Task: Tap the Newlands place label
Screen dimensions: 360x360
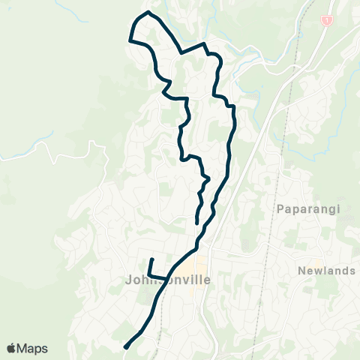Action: (325, 271)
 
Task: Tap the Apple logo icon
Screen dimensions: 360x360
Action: (12, 348)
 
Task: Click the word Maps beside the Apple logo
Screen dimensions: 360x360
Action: (32, 348)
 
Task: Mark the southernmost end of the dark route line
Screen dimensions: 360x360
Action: (125, 347)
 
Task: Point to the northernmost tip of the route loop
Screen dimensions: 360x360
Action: (148, 12)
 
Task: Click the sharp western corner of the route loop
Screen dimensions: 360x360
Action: (130, 40)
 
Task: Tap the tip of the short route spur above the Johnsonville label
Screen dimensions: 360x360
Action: (151, 259)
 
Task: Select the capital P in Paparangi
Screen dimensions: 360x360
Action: (280, 208)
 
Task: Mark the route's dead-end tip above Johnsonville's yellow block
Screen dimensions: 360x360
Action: (196, 223)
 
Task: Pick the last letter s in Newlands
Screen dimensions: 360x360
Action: (352, 271)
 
